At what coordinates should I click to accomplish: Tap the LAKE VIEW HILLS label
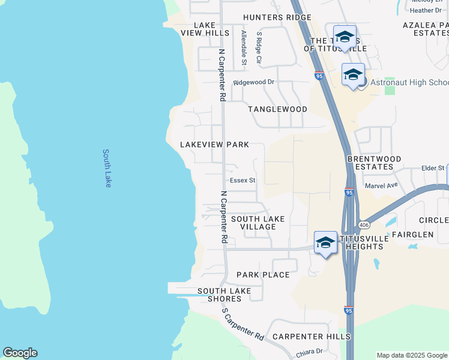205,28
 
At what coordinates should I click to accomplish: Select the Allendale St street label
244,47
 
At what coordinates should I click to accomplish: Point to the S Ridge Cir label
259,48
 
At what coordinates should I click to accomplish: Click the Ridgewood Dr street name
253,82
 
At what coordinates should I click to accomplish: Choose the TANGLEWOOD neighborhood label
278,109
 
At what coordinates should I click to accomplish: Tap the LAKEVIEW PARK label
214,145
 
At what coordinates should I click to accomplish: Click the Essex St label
243,180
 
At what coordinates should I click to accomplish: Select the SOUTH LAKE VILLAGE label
258,223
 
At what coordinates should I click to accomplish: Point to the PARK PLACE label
263,275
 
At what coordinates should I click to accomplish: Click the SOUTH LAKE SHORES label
224,295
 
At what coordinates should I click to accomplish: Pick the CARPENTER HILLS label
312,337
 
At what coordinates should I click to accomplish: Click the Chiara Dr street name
310,351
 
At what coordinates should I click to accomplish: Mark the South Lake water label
107,168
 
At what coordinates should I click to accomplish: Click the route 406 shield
364,224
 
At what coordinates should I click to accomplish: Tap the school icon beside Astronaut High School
353,75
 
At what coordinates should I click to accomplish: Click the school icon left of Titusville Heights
325,242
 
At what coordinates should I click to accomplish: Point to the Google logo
20,353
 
